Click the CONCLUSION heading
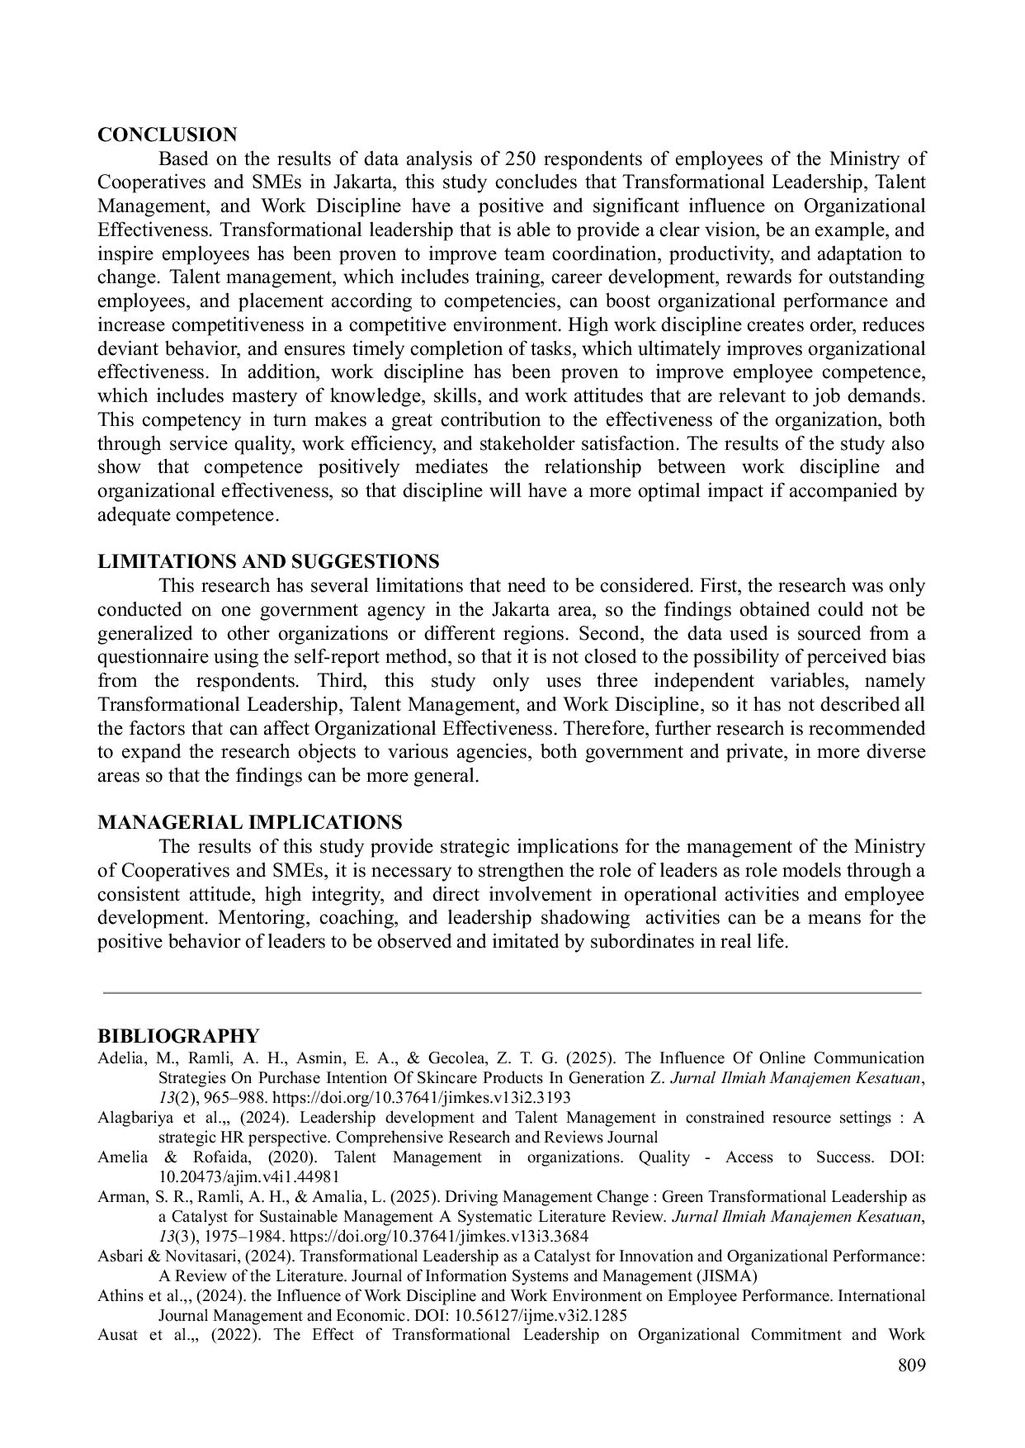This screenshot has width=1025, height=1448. (167, 135)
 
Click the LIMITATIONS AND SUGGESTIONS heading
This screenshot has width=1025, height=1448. (268, 562)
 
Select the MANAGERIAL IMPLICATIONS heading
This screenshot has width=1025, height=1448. (250, 823)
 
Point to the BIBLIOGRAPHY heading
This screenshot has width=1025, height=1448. (178, 1036)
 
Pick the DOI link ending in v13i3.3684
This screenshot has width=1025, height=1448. (439, 1237)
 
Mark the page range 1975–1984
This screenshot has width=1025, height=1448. (224, 1237)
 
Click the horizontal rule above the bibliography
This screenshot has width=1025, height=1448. (512, 993)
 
